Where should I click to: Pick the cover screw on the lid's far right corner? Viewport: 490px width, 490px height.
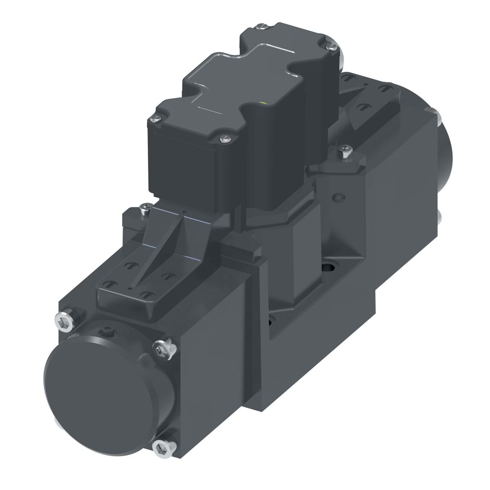click(x=333, y=48)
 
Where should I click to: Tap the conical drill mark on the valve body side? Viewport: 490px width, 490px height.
click(x=337, y=197)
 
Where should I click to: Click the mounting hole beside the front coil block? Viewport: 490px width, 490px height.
click(x=271, y=323)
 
